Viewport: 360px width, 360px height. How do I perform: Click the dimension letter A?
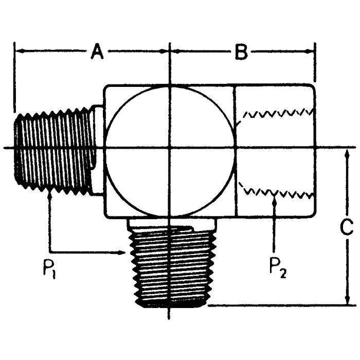98,51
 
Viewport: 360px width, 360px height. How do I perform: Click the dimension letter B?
241,51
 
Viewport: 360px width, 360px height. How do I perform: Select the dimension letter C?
348,227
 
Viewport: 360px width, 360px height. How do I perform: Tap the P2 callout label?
278,266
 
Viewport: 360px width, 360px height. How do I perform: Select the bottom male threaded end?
169,267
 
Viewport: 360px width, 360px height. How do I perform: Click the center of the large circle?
169,149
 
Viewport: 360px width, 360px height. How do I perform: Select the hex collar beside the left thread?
98,149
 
